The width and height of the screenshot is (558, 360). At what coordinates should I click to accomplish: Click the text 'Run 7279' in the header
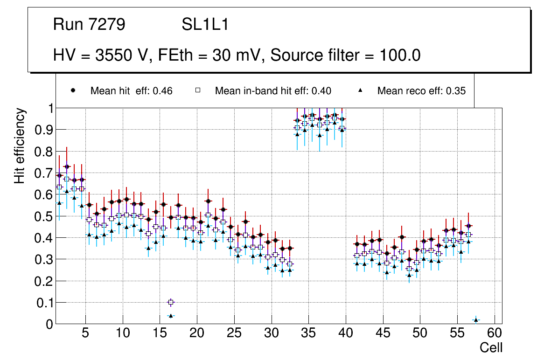[89, 25]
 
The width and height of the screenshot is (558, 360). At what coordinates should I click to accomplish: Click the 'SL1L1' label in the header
[205, 25]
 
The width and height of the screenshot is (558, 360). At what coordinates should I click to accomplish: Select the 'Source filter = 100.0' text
[346, 55]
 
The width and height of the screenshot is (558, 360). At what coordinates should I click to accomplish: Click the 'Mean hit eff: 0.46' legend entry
[131, 91]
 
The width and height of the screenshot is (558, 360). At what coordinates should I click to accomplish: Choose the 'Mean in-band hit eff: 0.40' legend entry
[273, 91]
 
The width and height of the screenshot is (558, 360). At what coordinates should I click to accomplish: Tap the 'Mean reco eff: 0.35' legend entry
[421, 91]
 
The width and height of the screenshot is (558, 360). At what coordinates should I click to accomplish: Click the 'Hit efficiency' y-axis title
[20, 145]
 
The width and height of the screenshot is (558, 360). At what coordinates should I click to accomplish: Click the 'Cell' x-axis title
[491, 347]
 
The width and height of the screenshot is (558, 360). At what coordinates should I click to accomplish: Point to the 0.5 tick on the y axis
[44, 216]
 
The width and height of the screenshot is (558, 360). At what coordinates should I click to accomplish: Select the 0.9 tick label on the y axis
[44, 130]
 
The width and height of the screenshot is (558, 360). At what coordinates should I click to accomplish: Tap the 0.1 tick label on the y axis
[44, 303]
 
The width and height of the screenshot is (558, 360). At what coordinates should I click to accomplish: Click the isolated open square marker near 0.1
[171, 302]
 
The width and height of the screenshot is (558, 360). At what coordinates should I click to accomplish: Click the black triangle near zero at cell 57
[476, 320]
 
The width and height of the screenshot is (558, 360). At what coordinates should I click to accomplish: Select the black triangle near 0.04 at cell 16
[171, 316]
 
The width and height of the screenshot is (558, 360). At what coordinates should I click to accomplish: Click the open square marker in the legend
[197, 91]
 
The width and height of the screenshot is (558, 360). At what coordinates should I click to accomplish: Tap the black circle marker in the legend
[73, 91]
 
